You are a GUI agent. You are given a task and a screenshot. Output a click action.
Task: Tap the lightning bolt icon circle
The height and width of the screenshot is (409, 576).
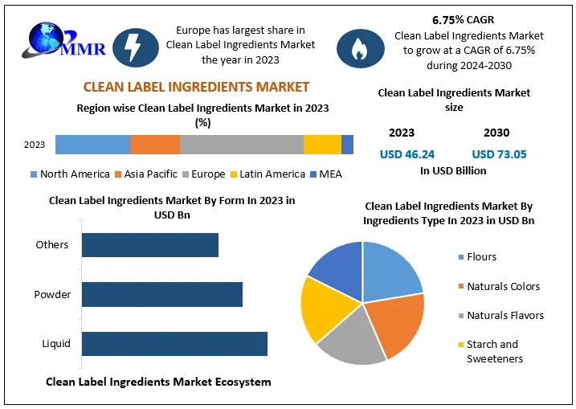[x=135, y=47]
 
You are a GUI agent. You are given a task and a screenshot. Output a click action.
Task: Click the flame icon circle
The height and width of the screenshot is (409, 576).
[x=358, y=48]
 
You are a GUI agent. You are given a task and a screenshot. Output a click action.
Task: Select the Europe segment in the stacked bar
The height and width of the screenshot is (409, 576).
[x=241, y=145]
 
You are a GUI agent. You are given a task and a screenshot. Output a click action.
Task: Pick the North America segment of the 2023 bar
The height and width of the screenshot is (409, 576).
[x=92, y=145]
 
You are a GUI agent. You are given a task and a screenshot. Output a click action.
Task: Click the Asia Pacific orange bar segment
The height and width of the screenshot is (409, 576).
[x=154, y=145]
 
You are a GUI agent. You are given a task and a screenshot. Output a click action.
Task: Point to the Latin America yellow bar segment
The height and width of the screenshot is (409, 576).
[x=322, y=145]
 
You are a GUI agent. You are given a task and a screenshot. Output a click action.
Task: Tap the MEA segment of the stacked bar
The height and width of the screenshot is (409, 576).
[x=347, y=145]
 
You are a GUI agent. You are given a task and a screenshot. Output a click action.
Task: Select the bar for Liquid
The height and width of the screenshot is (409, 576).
[x=174, y=344]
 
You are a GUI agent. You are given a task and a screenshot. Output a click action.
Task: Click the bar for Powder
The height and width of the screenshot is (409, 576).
[x=161, y=294]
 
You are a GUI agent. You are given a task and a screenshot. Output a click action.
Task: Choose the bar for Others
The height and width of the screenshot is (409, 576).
[x=149, y=245]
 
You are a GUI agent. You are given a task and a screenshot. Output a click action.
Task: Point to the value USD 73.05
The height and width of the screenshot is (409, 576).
[x=499, y=154]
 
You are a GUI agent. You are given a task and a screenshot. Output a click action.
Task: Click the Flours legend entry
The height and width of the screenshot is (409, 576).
[x=481, y=257]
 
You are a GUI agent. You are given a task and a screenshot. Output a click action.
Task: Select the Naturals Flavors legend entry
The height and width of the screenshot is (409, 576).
[x=505, y=316]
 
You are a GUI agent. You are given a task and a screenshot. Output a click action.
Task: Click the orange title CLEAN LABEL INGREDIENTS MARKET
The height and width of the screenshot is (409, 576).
[x=197, y=87]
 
